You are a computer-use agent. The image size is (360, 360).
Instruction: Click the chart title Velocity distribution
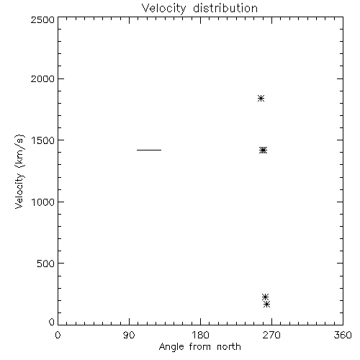pos(199,9)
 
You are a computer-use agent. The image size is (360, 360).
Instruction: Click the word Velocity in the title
pos(163,9)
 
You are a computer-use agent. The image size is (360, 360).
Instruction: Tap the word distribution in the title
pos(225,8)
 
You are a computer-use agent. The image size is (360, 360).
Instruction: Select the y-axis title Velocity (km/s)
pos(19,171)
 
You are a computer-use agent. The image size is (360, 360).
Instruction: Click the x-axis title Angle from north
pos(199,347)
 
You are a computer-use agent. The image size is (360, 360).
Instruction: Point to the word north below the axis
pos(229,346)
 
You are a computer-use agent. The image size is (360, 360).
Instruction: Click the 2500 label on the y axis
pos(42,19)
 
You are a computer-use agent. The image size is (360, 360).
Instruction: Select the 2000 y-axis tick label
pos(42,78)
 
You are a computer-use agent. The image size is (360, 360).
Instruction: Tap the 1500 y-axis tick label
pos(43,140)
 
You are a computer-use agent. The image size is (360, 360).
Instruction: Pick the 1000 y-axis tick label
pos(43,202)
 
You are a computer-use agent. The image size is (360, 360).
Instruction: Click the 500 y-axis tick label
pos(46,264)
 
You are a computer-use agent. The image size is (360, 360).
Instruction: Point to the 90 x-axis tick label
pos(129,335)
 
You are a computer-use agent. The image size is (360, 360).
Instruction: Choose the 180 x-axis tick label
pos(200,335)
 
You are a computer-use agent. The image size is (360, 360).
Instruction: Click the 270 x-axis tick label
pos(271,335)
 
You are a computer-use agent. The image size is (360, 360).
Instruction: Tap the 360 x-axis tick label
pos(343,335)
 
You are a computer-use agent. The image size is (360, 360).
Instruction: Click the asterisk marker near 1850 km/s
pos(261,98)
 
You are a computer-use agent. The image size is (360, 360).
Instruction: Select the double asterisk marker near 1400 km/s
pos(263,150)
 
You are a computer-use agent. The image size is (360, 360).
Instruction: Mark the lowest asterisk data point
pos(266,305)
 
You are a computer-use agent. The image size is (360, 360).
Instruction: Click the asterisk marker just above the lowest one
pos(265,297)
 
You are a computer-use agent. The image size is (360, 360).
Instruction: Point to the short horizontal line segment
pos(149,150)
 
